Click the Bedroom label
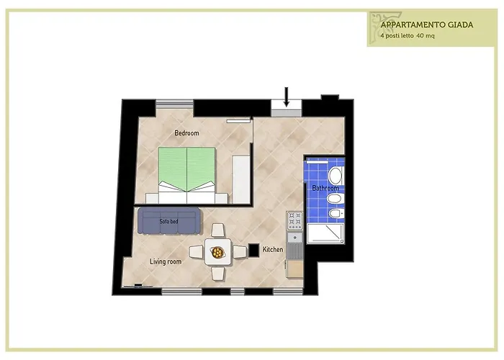[186, 133]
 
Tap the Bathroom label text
[325, 188]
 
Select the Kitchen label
[273, 249]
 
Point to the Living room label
[166, 261]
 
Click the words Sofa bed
[168, 222]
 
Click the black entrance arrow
[286, 96]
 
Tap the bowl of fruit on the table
[217, 252]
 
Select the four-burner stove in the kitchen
[294, 220]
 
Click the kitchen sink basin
[294, 237]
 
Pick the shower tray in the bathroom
[325, 233]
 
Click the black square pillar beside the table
[254, 250]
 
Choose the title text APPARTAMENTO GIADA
[427, 25]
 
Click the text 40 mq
[426, 36]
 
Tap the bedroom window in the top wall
[174, 104]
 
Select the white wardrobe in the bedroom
[241, 179]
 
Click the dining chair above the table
[218, 231]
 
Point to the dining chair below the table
[218, 273]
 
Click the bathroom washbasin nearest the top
[336, 176]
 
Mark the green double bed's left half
[173, 168]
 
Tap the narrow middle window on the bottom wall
[238, 292]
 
